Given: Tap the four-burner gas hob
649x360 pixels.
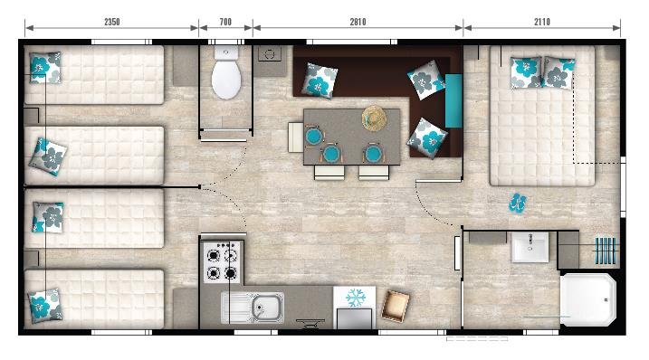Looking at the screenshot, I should [222, 262].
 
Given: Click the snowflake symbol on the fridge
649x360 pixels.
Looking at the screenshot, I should [354, 298].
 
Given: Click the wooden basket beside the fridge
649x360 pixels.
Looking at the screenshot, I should [395, 305].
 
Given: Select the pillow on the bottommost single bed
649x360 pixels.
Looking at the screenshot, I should [44, 304].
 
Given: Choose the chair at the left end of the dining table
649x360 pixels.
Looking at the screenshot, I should [296, 137].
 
